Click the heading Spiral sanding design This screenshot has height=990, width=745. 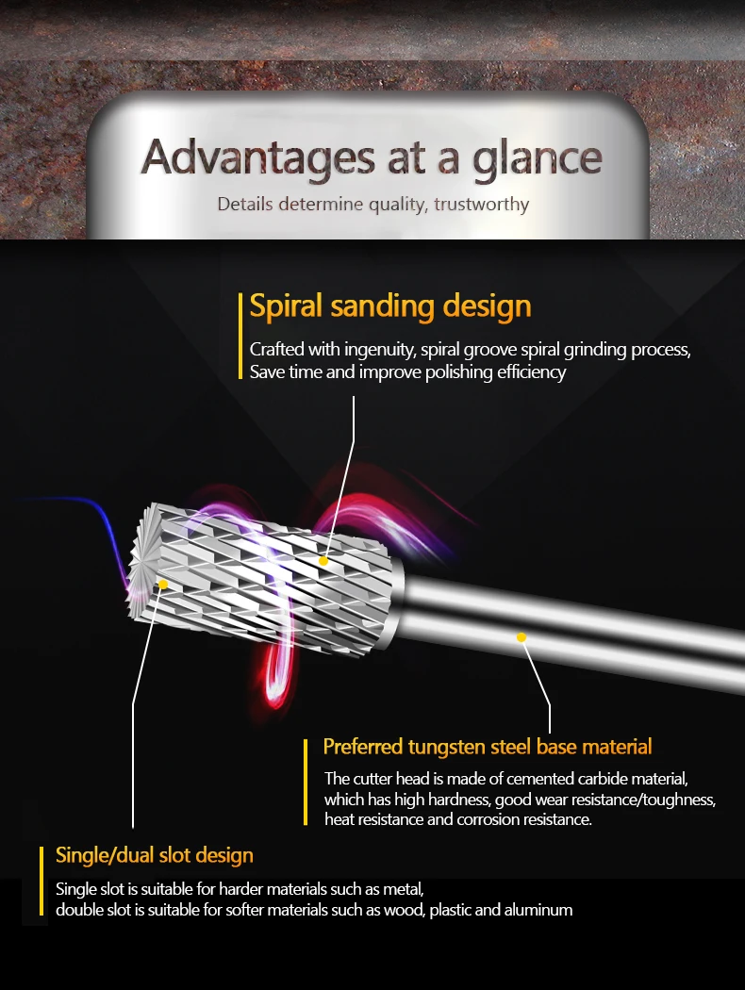[390, 306]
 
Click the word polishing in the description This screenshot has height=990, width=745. [439, 371]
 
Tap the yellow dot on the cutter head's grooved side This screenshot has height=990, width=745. [323, 560]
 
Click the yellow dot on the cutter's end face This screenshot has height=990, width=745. [163, 585]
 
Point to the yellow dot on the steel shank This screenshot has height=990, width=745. [521, 637]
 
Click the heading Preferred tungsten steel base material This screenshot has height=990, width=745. [488, 747]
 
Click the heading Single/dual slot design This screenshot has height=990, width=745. [155, 855]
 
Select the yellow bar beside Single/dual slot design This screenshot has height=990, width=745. [42, 881]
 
